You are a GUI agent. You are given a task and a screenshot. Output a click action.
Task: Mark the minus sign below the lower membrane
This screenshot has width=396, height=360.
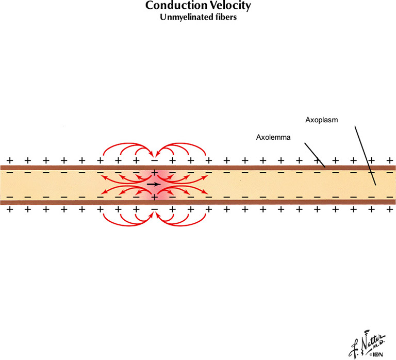(154, 209)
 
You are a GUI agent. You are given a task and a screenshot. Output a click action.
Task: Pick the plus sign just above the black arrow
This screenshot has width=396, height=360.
(154, 172)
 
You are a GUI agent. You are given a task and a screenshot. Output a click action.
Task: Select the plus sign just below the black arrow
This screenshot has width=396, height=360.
(154, 197)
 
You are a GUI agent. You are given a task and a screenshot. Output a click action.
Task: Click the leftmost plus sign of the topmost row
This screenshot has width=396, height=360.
(9, 160)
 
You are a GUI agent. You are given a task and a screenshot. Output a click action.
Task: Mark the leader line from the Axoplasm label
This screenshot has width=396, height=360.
(365, 155)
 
